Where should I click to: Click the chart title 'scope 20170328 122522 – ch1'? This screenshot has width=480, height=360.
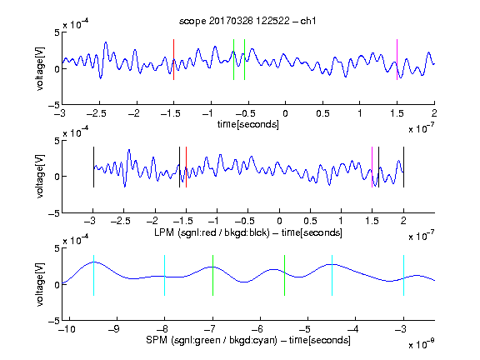click(247, 21)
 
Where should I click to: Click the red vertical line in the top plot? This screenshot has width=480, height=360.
click(174, 60)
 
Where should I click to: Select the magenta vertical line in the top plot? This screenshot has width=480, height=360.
click(397, 60)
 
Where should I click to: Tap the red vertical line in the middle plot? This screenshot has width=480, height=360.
click(186, 167)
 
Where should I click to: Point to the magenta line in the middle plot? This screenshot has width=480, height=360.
click(372, 167)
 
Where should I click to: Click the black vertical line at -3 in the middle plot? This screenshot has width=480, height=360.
click(93, 167)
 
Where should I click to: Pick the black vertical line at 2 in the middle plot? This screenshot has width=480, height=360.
click(404, 167)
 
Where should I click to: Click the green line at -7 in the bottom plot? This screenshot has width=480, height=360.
click(212, 275)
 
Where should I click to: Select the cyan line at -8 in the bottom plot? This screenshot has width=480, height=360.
click(165, 275)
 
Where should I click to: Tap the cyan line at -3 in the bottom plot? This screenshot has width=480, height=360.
click(404, 275)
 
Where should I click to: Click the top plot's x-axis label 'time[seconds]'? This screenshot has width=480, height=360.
click(248, 125)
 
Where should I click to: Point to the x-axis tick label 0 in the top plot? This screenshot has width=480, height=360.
click(285, 114)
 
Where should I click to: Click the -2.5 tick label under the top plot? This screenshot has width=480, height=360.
click(96, 114)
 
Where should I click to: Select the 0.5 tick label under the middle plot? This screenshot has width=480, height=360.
click(310, 221)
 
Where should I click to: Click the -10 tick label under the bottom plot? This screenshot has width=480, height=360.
click(67, 329)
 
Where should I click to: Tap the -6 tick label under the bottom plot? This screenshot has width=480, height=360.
click(259, 329)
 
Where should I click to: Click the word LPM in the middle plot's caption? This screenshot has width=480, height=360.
click(164, 232)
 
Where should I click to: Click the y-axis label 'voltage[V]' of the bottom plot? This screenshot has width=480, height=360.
click(40, 284)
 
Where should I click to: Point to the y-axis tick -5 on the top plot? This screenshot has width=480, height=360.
click(54, 105)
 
